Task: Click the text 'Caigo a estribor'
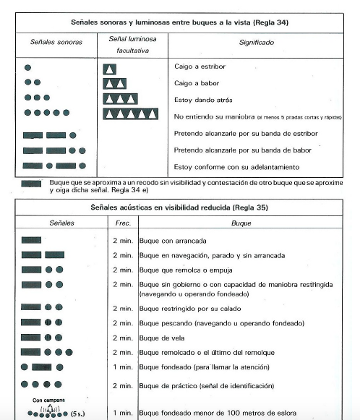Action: tap(200, 67)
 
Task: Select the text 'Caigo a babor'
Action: tap(196, 82)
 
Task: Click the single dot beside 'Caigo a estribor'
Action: tap(27, 68)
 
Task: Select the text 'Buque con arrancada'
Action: tap(161, 239)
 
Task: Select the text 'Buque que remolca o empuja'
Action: tap(173, 270)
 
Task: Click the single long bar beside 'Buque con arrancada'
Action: tap(31, 239)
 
